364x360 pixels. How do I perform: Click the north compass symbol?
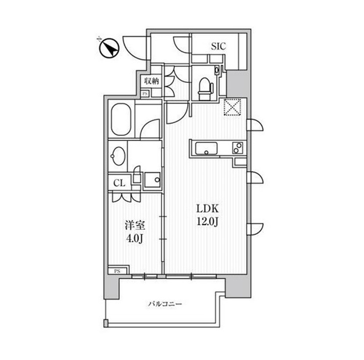tap(109, 48)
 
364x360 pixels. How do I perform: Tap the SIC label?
tap(218, 47)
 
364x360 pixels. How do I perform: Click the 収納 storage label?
tap(151, 81)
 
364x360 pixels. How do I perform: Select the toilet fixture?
tap(205, 89)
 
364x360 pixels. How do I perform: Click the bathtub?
tap(121, 120)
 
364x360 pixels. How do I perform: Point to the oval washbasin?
tap(118, 156)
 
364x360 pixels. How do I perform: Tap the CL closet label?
tap(119, 183)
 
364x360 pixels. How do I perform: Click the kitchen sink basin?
tap(206, 149)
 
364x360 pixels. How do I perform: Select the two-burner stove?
tap(238, 148)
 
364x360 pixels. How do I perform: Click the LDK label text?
tap(207, 209)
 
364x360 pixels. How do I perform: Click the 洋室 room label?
tap(135, 226)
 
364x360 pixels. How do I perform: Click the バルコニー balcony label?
tap(165, 304)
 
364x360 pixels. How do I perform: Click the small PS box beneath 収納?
tap(145, 94)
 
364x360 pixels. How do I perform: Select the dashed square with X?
tap(232, 107)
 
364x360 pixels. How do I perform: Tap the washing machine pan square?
tap(153, 180)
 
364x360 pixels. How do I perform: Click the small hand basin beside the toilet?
tap(217, 70)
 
